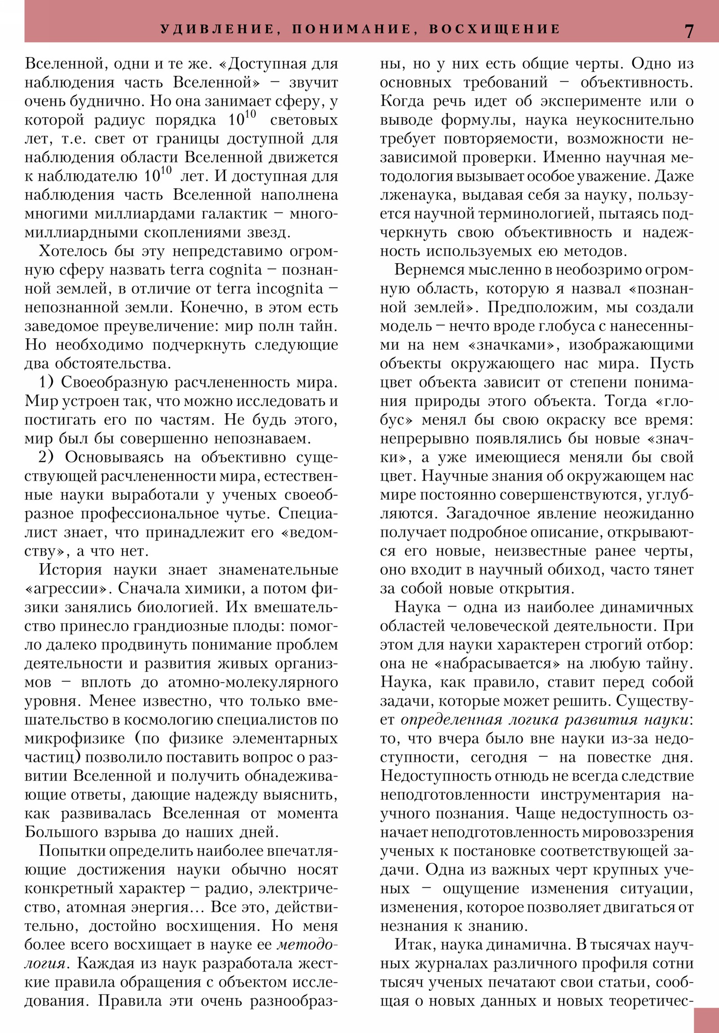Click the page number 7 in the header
coord(689,30)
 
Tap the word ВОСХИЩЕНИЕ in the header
coord(494,29)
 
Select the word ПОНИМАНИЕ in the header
coord(351,29)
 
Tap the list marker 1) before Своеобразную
coord(47,382)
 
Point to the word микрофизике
coord(75,738)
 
